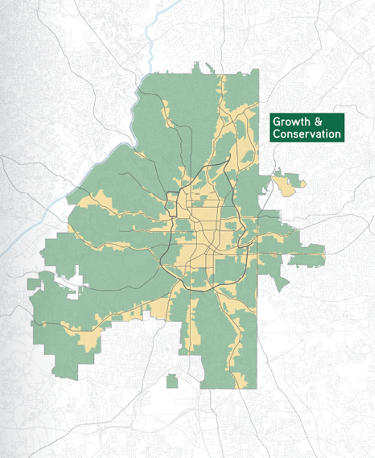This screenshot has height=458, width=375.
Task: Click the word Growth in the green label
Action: (x=292, y=122)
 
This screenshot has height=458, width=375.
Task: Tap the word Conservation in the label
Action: (x=307, y=134)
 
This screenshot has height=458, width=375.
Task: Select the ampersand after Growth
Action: (x=318, y=122)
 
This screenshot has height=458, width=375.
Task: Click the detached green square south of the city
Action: (x=172, y=381)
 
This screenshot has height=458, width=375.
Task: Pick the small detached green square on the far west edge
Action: (x=33, y=284)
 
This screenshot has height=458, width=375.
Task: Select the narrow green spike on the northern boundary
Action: (x=196, y=68)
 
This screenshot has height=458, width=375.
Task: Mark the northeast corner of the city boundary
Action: (x=258, y=70)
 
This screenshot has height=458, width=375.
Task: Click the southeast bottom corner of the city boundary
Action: (x=256, y=388)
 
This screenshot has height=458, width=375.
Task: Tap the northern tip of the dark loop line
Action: (x=229, y=161)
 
